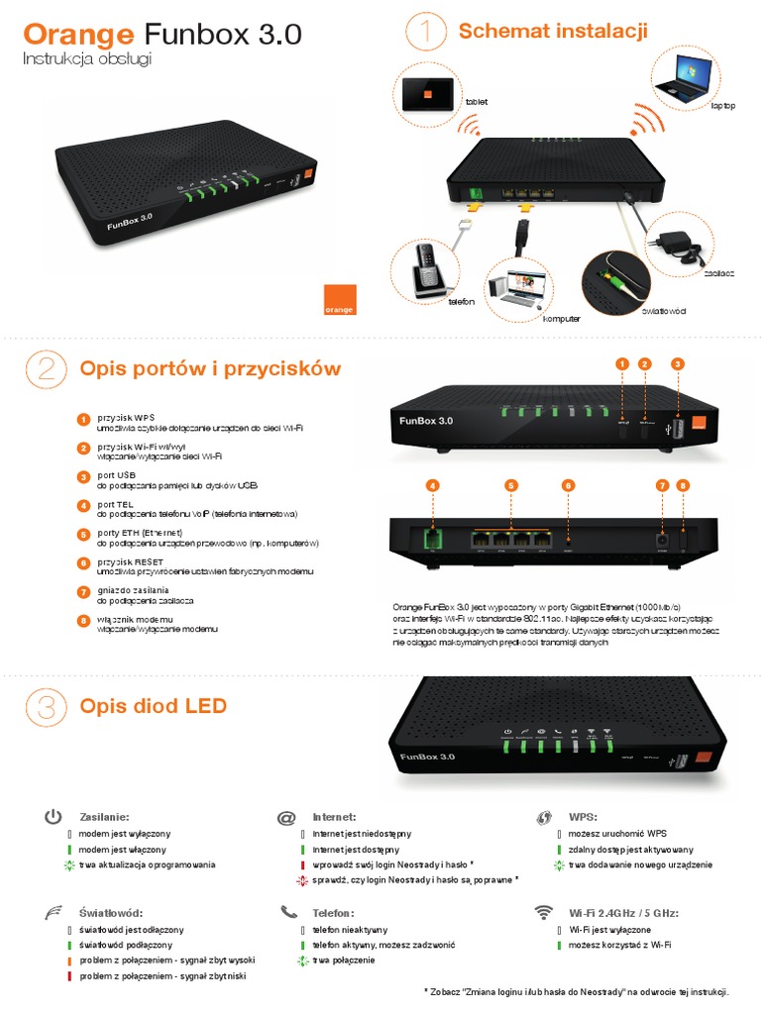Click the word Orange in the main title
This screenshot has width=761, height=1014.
[78, 35]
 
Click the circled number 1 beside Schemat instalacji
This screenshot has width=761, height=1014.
[426, 32]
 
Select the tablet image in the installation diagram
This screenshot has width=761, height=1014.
[426, 95]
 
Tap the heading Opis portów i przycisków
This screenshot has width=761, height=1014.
[210, 369]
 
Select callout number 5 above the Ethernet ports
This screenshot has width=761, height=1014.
[511, 485]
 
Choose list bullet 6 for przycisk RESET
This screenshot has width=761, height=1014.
[84, 562]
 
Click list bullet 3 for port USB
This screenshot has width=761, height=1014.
[84, 476]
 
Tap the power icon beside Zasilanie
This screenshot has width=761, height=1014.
[54, 817]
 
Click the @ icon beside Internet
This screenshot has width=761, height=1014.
[287, 818]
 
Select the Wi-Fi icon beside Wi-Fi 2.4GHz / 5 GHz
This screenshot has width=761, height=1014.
[543, 912]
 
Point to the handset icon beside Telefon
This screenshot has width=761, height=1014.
[288, 912]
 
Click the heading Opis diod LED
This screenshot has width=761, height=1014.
[154, 706]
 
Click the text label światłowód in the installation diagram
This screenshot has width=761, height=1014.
[664, 311]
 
